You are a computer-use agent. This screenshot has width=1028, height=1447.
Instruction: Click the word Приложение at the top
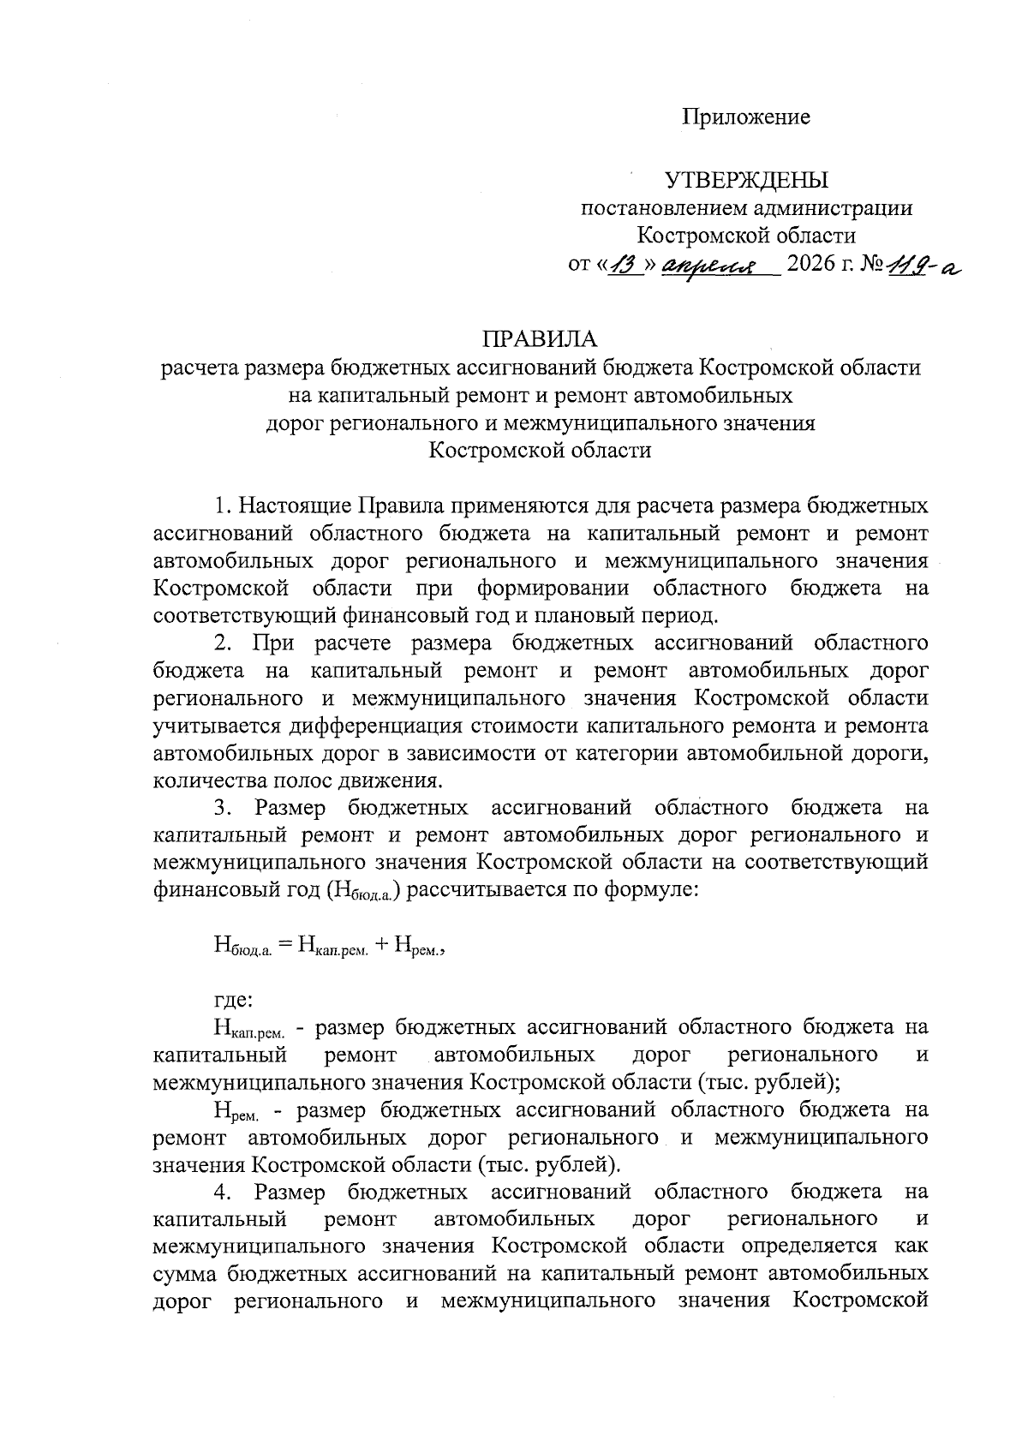tap(745, 117)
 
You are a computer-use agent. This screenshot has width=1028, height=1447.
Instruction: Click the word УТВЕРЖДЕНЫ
tap(747, 181)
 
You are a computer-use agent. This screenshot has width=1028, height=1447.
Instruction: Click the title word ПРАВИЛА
tap(540, 339)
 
